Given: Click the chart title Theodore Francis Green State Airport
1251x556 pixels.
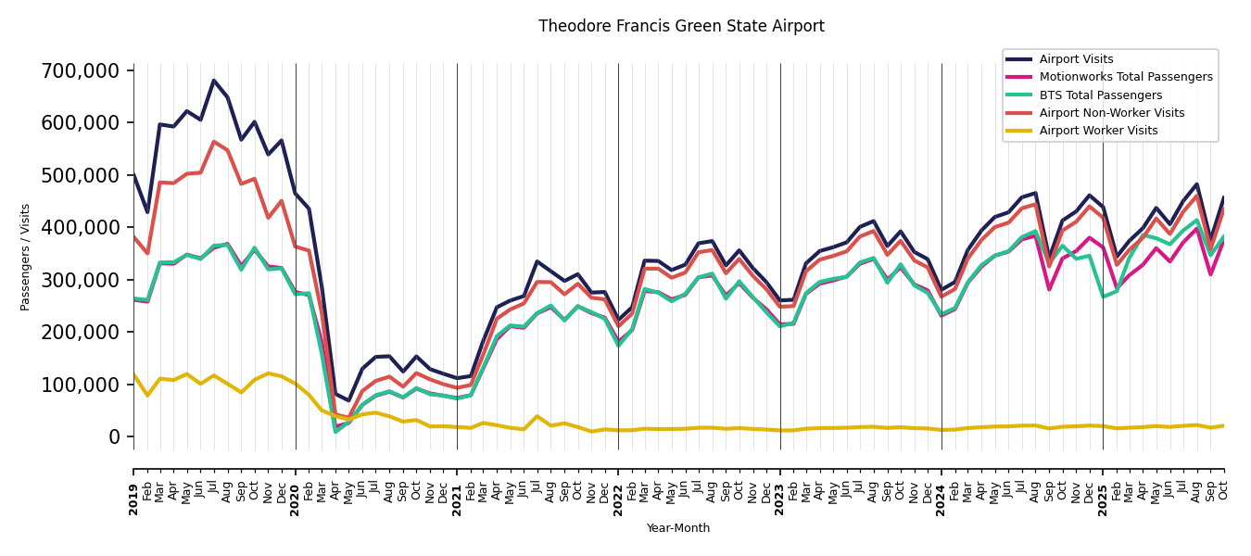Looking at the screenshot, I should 681,26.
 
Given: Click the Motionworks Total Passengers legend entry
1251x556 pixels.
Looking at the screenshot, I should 1125,77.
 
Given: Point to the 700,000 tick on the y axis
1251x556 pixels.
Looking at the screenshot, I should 81,70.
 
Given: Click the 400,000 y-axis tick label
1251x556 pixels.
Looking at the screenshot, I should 81,227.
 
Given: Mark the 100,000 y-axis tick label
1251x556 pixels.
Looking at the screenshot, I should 81,385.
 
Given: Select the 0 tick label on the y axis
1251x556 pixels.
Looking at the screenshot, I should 115,436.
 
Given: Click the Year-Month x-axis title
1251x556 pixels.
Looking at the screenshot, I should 678,528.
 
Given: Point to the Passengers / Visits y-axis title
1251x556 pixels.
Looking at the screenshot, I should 26,257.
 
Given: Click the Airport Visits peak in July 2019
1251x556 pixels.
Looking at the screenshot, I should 214,81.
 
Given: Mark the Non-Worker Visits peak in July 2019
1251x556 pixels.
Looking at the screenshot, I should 214,142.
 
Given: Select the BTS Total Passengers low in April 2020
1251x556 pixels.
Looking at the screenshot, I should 335,432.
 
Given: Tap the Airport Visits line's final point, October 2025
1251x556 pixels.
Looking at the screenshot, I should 1223,197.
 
